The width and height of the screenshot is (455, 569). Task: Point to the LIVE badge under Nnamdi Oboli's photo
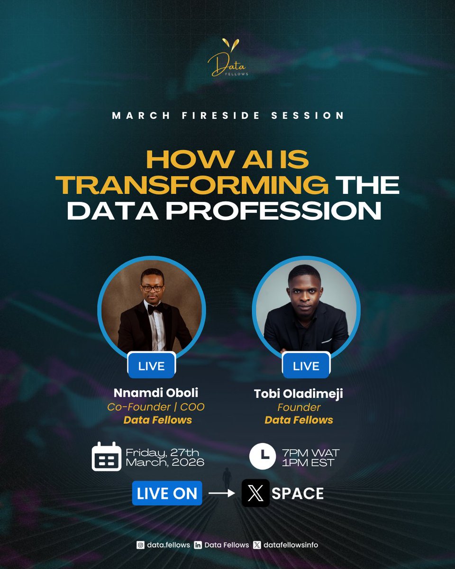click(x=152, y=366)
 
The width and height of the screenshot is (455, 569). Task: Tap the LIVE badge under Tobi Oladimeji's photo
click(x=306, y=366)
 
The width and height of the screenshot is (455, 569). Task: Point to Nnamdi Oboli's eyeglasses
click(x=152, y=288)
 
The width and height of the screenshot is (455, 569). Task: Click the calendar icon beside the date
click(x=107, y=456)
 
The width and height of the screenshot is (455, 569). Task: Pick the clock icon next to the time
click(x=263, y=456)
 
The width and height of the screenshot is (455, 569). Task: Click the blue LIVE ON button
click(x=167, y=493)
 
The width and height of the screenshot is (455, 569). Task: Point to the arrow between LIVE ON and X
click(x=222, y=493)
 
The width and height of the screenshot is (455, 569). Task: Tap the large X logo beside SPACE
click(x=255, y=493)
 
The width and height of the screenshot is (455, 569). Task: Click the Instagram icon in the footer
click(x=140, y=545)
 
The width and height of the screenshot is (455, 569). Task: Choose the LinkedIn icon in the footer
click(x=198, y=545)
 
